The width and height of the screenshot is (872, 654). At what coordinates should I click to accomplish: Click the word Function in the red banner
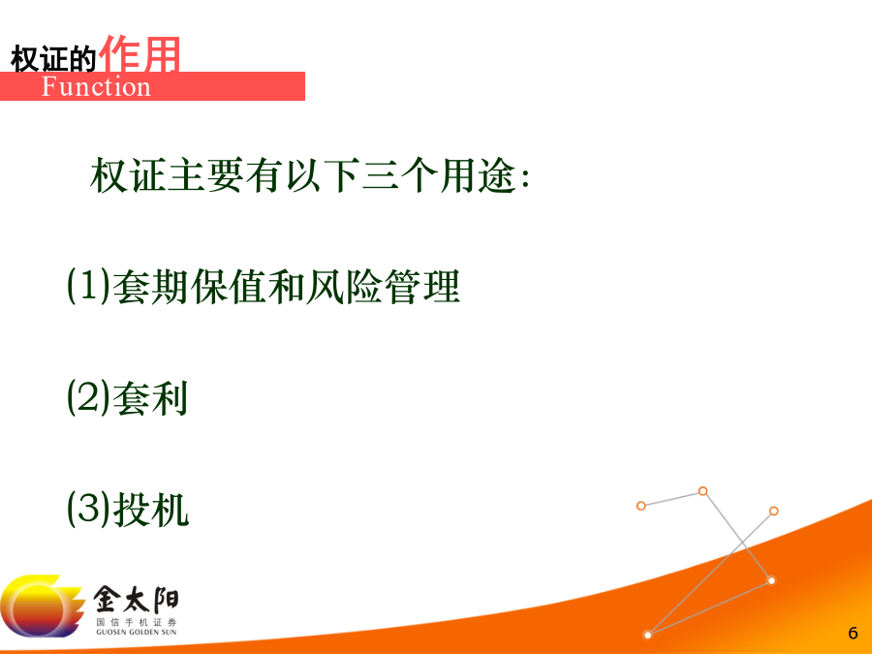click(96, 87)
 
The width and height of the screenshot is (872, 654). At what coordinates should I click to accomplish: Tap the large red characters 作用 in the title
click(139, 53)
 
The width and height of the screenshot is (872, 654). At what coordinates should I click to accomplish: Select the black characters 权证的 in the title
click(53, 58)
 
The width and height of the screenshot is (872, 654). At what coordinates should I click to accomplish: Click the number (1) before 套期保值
click(88, 286)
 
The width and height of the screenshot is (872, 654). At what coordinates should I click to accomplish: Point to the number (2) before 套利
click(88, 397)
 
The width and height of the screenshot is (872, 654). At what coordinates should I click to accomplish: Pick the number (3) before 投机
click(88, 509)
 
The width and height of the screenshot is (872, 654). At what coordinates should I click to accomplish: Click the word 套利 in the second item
click(150, 398)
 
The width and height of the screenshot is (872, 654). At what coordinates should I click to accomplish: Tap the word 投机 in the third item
click(151, 510)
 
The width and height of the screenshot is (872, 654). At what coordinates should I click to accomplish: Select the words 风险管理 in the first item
click(383, 287)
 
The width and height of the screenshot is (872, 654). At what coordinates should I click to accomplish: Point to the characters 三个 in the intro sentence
click(399, 175)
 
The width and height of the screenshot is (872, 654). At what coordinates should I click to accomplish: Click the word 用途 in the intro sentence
click(478, 175)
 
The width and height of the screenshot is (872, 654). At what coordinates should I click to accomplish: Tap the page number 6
click(853, 633)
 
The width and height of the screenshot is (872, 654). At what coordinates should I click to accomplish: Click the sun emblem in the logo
click(40, 606)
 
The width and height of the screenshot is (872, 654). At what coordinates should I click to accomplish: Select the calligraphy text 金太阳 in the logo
click(136, 600)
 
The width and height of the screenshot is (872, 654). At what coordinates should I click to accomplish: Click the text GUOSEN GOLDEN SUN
click(137, 633)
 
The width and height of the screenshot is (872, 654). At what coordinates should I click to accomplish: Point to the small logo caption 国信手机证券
click(137, 622)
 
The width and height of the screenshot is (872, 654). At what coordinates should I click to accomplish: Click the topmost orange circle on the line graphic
click(703, 491)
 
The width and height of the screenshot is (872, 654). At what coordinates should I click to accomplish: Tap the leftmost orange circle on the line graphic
click(641, 506)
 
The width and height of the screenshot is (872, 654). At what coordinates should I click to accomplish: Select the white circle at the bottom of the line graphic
click(647, 635)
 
